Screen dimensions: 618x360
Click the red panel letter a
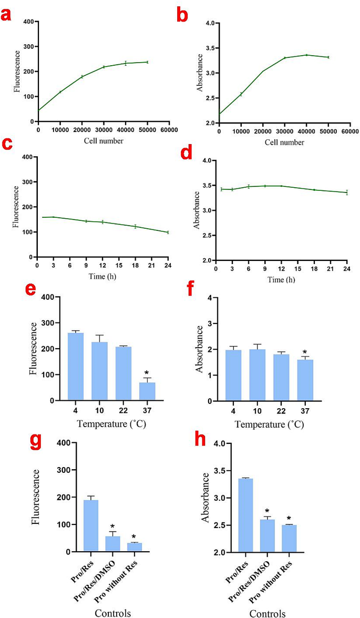pyautogui.click(x=7, y=15)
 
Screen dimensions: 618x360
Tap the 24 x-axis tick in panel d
pyautogui.click(x=347, y=268)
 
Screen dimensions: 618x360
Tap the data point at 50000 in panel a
pyautogui.click(x=147, y=62)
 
